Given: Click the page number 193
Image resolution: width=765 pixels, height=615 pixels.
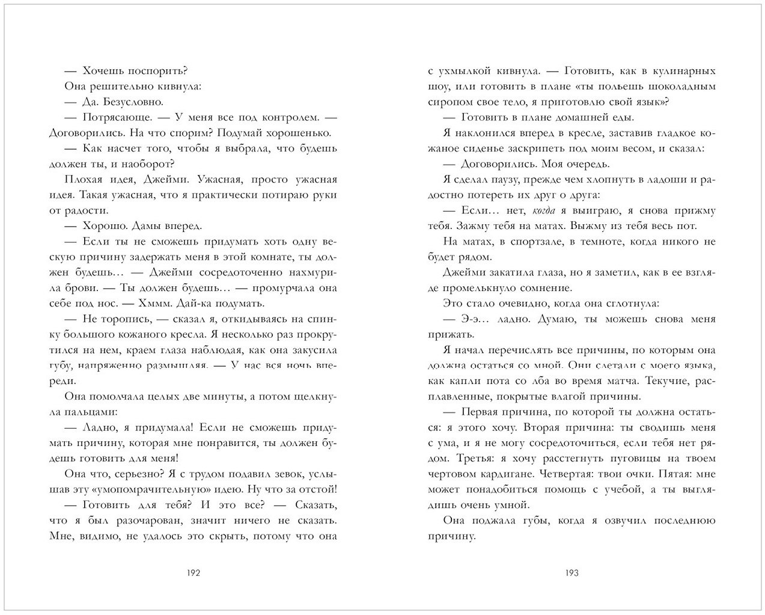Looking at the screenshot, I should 571,573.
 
